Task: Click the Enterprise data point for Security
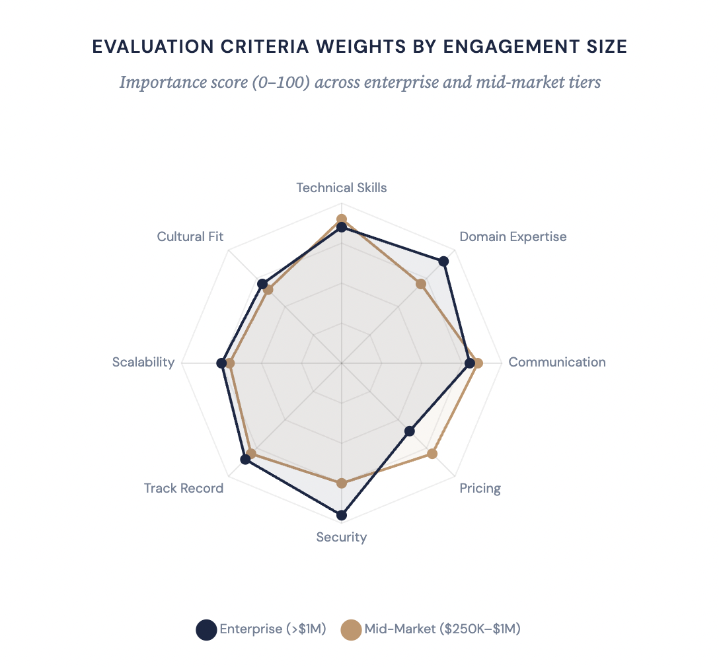(x=342, y=515)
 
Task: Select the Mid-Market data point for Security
(x=342, y=483)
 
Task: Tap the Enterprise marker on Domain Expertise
(x=444, y=262)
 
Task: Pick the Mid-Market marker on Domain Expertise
(x=421, y=284)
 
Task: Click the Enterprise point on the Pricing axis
(x=410, y=431)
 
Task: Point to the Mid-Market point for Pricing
(x=432, y=454)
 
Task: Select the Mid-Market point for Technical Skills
(x=342, y=219)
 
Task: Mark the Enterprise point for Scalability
(x=221, y=363)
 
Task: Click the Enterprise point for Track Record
(x=245, y=460)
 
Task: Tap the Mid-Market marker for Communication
(x=478, y=363)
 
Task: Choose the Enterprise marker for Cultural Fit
(x=262, y=284)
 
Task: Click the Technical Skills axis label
(x=342, y=188)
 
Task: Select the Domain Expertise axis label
(x=513, y=236)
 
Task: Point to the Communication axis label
(x=556, y=362)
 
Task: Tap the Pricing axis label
(x=480, y=489)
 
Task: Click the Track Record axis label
(x=184, y=489)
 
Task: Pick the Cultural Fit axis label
(x=190, y=236)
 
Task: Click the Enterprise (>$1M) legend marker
(x=206, y=630)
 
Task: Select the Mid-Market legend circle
(x=351, y=630)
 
